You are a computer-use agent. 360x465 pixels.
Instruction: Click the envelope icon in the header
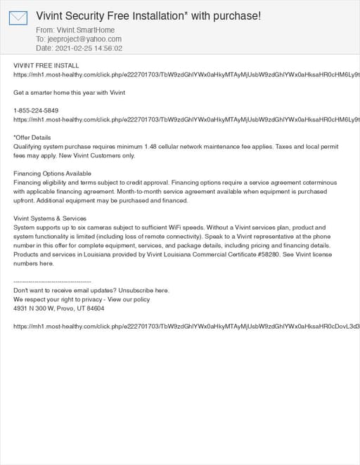coord(18,18)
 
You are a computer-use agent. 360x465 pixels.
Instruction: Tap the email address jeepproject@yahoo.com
coord(84,39)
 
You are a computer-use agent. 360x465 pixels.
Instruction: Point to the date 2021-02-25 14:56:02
coord(89,48)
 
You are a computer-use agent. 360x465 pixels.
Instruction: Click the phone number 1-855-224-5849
coord(36,111)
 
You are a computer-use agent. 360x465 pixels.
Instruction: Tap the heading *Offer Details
coord(32,138)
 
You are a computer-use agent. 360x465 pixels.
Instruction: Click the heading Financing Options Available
coord(52,173)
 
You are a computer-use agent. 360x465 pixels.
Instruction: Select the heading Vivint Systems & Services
coord(50,218)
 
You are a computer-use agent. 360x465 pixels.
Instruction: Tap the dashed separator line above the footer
coord(52,282)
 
